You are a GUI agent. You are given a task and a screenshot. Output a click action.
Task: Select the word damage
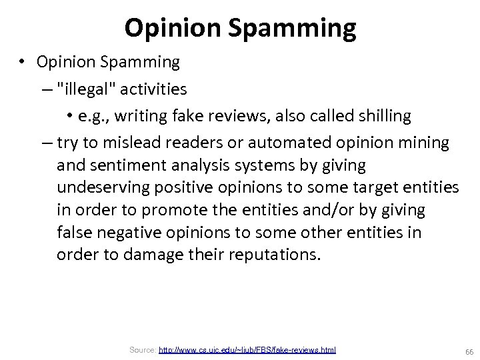[x=151, y=255]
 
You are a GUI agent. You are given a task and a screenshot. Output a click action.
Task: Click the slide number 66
[x=469, y=351]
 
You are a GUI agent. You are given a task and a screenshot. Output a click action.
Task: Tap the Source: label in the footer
[x=142, y=350]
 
